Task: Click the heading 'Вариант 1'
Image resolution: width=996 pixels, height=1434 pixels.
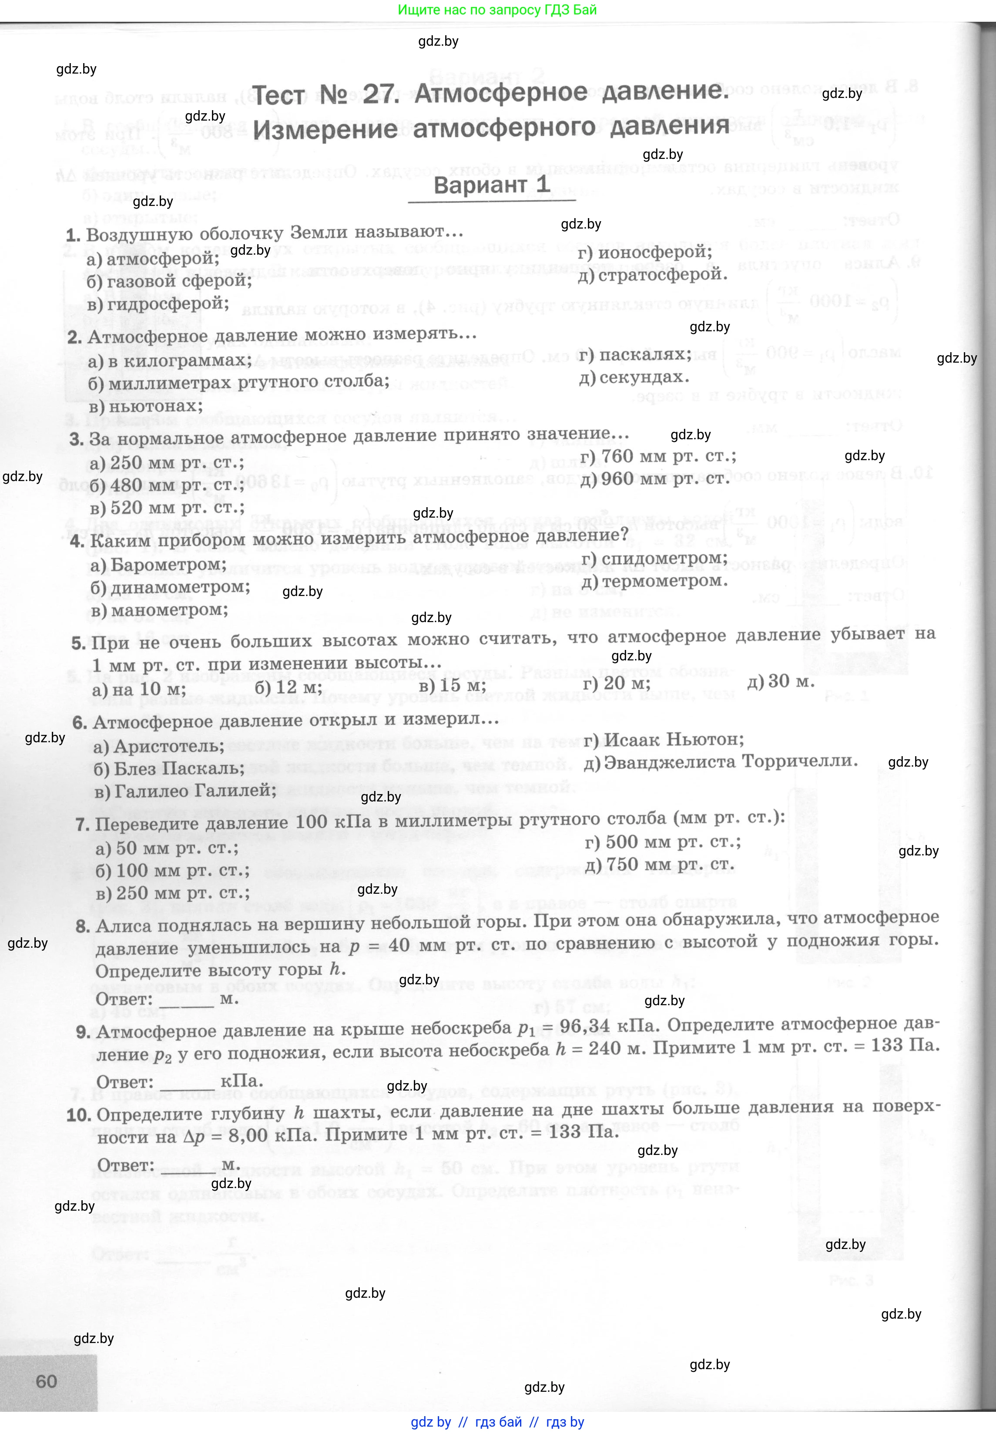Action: pyautogui.click(x=491, y=185)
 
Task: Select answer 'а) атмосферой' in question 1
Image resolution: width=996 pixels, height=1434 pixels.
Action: pyautogui.click(x=152, y=259)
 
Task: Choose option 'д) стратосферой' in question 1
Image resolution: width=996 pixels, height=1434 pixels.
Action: pyautogui.click(x=652, y=274)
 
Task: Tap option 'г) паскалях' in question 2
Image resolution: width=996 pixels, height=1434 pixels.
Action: pyautogui.click(x=635, y=355)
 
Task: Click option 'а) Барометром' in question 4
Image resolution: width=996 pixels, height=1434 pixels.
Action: pyautogui.click(x=158, y=565)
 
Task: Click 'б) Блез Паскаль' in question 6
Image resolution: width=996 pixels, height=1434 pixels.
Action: pyautogui.click(x=168, y=768)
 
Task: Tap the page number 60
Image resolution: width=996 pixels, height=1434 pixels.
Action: pyautogui.click(x=46, y=1381)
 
